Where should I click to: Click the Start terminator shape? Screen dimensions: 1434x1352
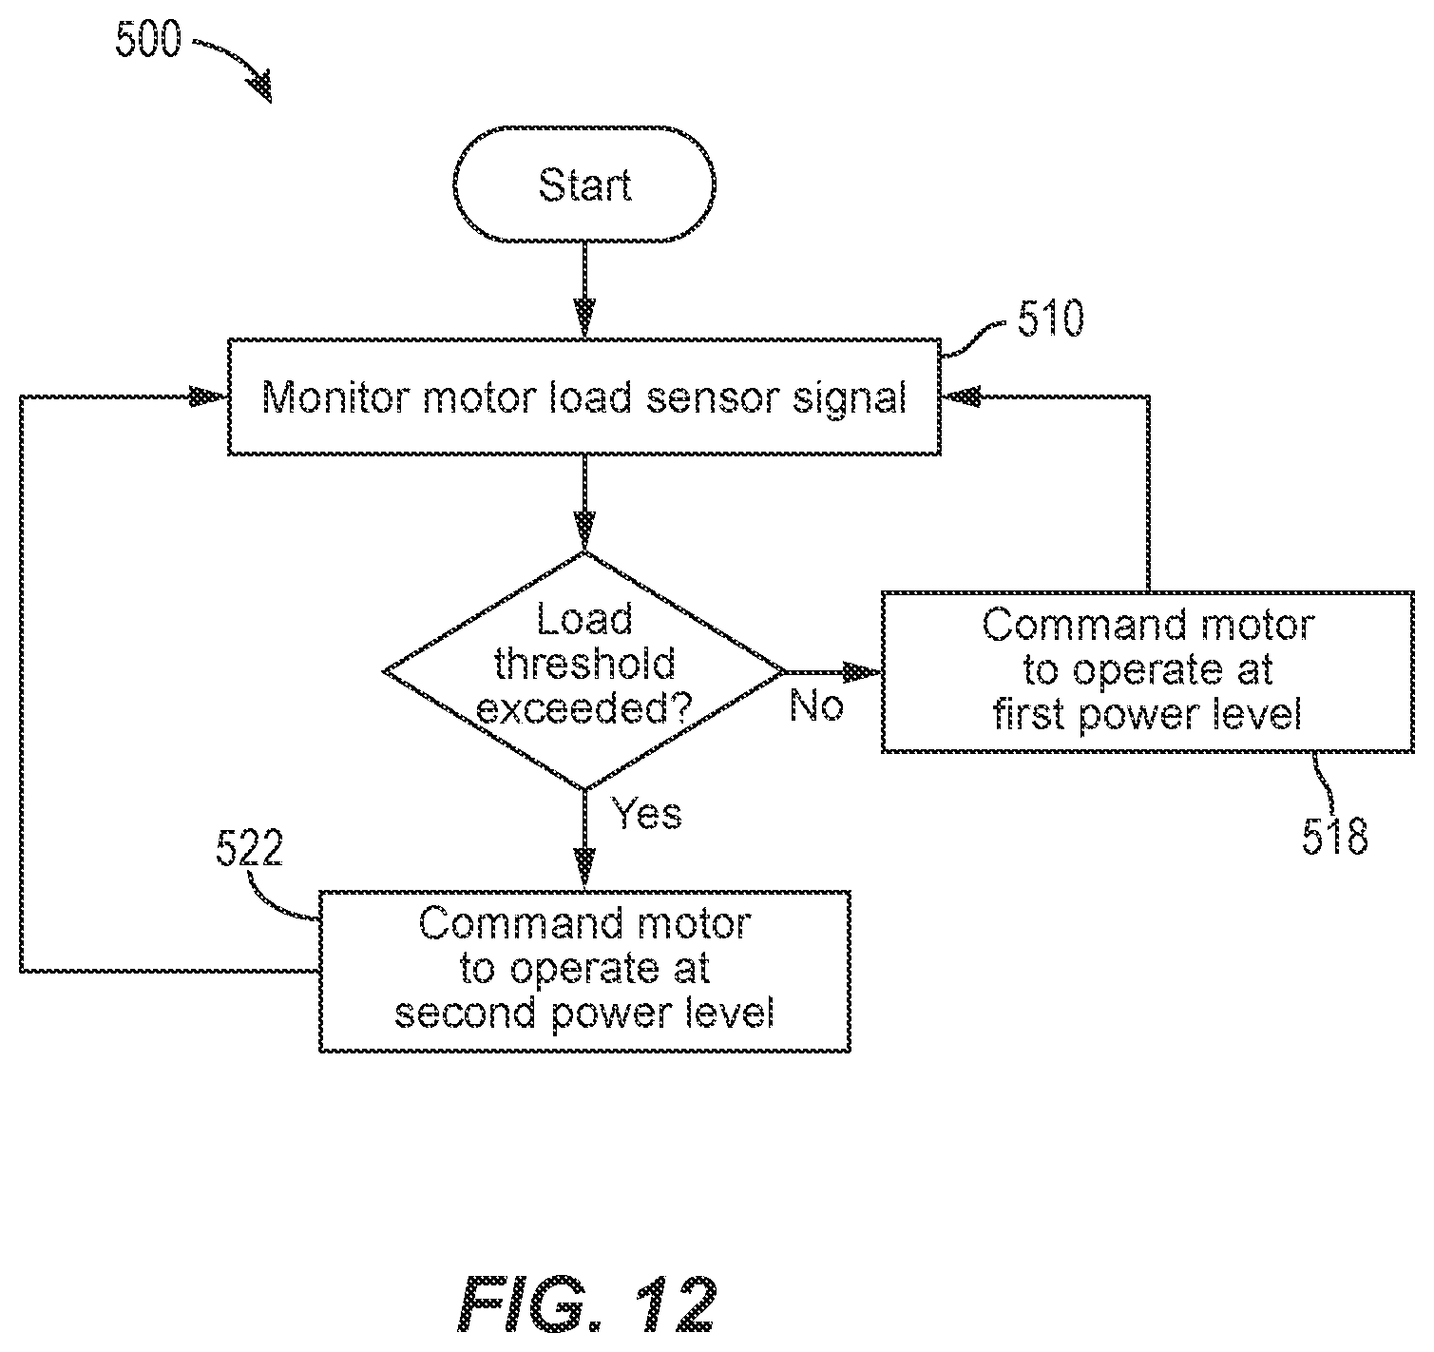[584, 184]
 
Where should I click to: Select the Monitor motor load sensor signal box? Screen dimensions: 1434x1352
[584, 396]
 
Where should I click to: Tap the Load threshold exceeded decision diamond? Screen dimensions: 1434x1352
[584, 671]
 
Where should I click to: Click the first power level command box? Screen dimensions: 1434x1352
[1147, 672]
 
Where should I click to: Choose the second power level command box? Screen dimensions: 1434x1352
[584, 971]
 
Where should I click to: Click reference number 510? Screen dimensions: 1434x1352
[1051, 318]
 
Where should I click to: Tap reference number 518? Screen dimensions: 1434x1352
[1334, 837]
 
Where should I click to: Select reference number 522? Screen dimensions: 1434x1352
[249, 848]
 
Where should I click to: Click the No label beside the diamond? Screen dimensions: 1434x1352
[816, 705]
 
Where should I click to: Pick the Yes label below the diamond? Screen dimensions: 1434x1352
[646, 813]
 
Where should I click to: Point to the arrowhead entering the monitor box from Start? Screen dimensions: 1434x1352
[584, 319]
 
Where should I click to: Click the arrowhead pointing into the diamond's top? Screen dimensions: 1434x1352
[584, 531]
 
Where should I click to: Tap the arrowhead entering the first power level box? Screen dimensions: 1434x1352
[863, 672]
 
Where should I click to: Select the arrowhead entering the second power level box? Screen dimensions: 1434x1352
[584, 869]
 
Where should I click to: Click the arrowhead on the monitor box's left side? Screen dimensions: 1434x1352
[208, 396]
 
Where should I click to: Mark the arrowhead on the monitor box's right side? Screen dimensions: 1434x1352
[961, 396]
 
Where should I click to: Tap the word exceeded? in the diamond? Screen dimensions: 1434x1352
[584, 709]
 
